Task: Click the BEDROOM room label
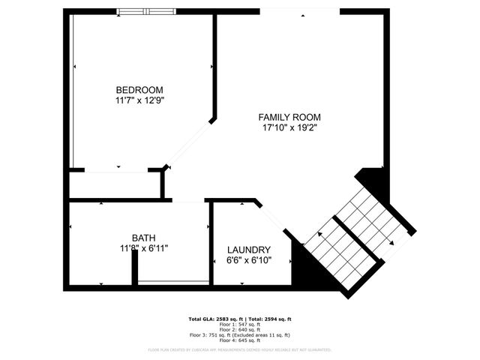(x=139, y=89)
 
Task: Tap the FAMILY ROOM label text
(x=289, y=117)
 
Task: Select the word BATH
(x=143, y=238)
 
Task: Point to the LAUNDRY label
(x=248, y=250)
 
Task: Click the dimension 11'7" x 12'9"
(x=139, y=100)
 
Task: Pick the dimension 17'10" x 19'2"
(x=289, y=128)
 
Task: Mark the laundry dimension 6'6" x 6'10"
(x=248, y=260)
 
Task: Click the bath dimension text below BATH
(x=143, y=248)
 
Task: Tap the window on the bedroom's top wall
(x=146, y=11)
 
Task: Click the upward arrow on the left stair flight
(x=320, y=236)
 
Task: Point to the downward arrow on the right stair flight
(x=391, y=243)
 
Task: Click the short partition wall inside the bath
(x=134, y=268)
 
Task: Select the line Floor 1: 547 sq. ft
(x=239, y=324)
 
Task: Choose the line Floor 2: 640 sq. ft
(x=239, y=329)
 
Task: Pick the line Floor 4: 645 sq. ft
(x=239, y=340)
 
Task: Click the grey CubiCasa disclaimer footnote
(x=239, y=349)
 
